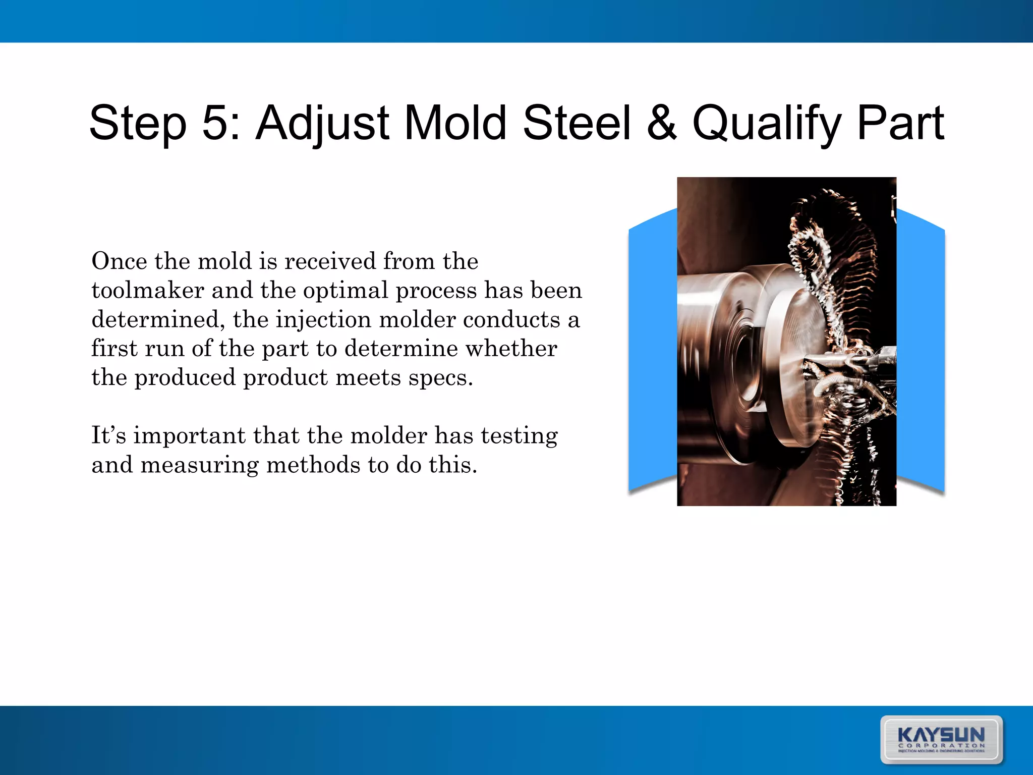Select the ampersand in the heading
tap(661, 123)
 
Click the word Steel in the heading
tap(577, 123)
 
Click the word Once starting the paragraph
tap(119, 261)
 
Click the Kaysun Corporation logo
tap(941, 739)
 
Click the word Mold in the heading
tap(455, 123)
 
